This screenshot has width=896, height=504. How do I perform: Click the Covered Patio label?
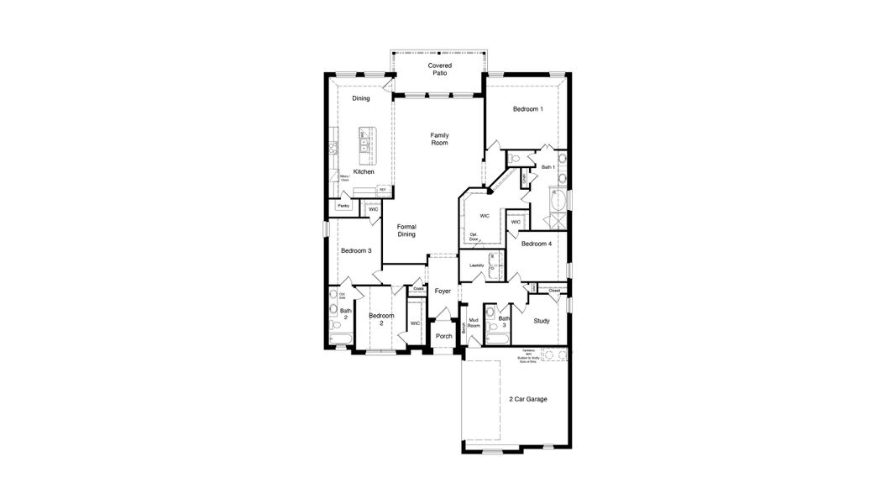(439, 69)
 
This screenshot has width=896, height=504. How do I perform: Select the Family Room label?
(439, 139)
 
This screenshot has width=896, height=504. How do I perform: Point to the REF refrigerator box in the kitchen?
(383, 190)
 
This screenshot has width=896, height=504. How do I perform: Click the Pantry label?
(343, 206)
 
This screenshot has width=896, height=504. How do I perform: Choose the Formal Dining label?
(406, 230)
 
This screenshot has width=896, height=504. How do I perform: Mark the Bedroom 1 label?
(528, 109)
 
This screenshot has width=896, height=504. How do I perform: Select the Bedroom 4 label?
(536, 244)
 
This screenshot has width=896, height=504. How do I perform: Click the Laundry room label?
(477, 266)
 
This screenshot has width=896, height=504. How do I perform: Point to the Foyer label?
(443, 291)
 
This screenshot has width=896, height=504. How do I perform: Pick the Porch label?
(443, 336)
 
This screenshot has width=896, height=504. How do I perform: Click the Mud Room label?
(474, 322)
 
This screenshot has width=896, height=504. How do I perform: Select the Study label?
(541, 320)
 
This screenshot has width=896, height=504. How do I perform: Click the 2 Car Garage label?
(528, 399)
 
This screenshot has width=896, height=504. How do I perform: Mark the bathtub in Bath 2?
(340, 339)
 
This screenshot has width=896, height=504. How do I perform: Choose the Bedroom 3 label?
(355, 250)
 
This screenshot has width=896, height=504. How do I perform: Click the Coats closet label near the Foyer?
(418, 289)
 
